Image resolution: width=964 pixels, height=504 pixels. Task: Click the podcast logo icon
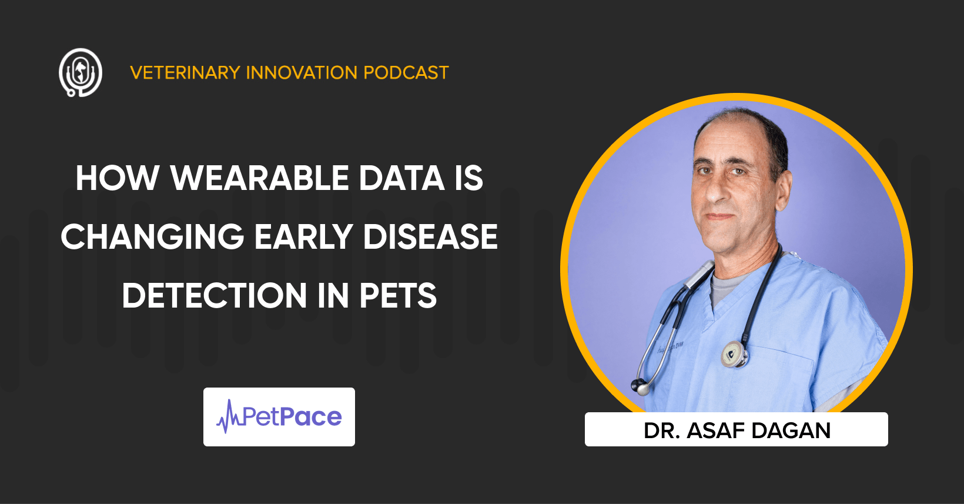click(81, 72)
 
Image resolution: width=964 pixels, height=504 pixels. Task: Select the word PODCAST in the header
click(406, 72)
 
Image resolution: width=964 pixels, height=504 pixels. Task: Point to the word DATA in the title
click(401, 178)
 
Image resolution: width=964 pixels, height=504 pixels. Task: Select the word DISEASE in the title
click(430, 237)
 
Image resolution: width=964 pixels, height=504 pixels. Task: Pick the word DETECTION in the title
click(215, 295)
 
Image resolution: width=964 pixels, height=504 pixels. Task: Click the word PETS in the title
click(398, 295)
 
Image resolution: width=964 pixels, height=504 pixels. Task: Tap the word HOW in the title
click(118, 178)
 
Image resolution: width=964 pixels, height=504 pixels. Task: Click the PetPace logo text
click(292, 417)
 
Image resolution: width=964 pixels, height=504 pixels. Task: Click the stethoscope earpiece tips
click(640, 386)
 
